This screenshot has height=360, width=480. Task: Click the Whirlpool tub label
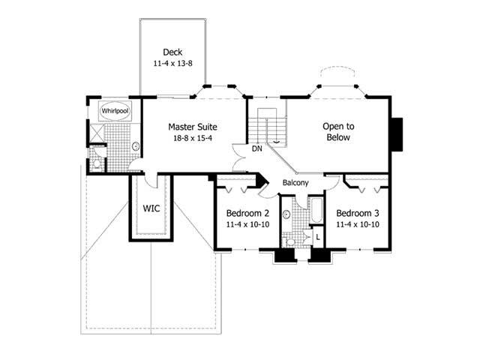[x=115, y=110]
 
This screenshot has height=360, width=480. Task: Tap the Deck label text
[x=172, y=52]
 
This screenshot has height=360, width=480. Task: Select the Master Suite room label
[x=193, y=127]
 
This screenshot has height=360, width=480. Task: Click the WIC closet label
[x=153, y=208]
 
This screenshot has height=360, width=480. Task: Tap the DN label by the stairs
[x=256, y=148]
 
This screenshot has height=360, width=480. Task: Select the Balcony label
[x=297, y=182]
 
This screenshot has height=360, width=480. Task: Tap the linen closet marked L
[x=318, y=237]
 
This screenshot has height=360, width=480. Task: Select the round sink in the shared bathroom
[x=287, y=214]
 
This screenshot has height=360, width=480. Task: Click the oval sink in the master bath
[x=135, y=146]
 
